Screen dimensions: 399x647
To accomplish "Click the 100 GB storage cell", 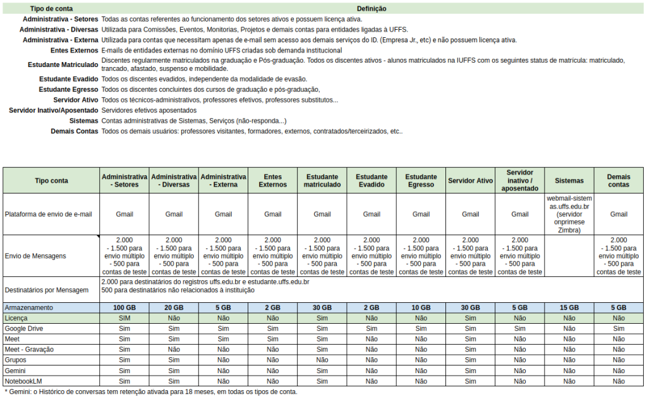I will pyautogui.click(x=124, y=307).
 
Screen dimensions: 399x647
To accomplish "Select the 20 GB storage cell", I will pyautogui.click(x=174, y=307).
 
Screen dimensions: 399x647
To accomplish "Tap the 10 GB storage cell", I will pyautogui.click(x=421, y=307).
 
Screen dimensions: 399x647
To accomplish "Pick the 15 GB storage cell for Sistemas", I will pyautogui.click(x=569, y=307).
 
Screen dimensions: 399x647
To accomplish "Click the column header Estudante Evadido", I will pyautogui.click(x=372, y=180).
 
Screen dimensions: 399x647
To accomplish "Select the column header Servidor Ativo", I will pyautogui.click(x=471, y=181).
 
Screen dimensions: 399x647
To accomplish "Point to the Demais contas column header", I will pyautogui.click(x=619, y=180).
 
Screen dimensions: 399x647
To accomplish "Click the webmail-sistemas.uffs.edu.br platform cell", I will pyautogui.click(x=569, y=214).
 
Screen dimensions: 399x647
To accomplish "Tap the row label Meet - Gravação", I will pyautogui.click(x=29, y=349).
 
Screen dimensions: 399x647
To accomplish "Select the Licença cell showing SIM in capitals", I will pyautogui.click(x=124, y=318).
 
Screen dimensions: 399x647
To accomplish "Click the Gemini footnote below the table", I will pyautogui.click(x=150, y=391).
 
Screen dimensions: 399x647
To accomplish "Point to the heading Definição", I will pyautogui.click(x=372, y=9).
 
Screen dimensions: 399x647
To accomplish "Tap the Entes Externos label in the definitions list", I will pyautogui.click(x=74, y=50).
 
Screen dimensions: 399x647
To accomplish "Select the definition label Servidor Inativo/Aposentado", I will pyautogui.click(x=54, y=110).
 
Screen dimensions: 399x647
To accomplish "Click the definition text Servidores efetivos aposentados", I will pyautogui.click(x=148, y=110).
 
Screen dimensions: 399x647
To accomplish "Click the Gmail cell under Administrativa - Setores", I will pyautogui.click(x=124, y=214).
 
